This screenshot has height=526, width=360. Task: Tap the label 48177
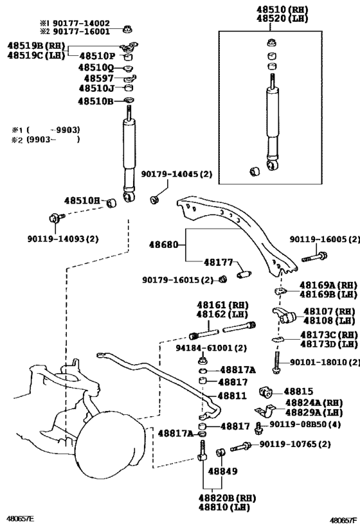219,262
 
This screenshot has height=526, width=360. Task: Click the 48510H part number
83,201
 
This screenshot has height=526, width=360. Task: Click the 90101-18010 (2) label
323,362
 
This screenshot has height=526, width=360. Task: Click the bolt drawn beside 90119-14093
54,217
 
